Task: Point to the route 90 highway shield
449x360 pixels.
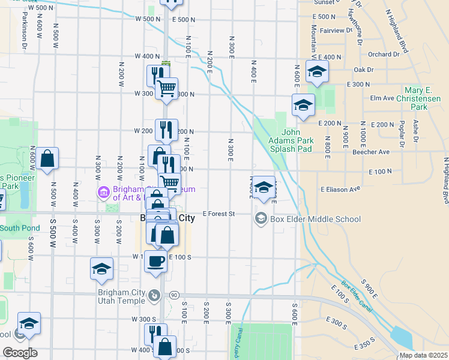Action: (174, 295)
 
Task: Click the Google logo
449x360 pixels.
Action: (20, 353)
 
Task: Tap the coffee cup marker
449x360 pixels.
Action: (156, 262)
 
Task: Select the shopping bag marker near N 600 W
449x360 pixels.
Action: (47, 160)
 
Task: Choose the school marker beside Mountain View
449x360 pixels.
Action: (316, 73)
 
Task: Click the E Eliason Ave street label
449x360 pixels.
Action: (340, 189)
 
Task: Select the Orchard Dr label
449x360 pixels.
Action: (384, 54)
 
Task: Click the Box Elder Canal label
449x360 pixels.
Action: (354, 295)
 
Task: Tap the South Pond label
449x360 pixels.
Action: (20, 228)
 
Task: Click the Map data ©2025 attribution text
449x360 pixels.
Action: (423, 355)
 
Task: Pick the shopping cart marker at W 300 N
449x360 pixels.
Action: (166, 88)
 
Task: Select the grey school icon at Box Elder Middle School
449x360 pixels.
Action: (261, 218)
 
